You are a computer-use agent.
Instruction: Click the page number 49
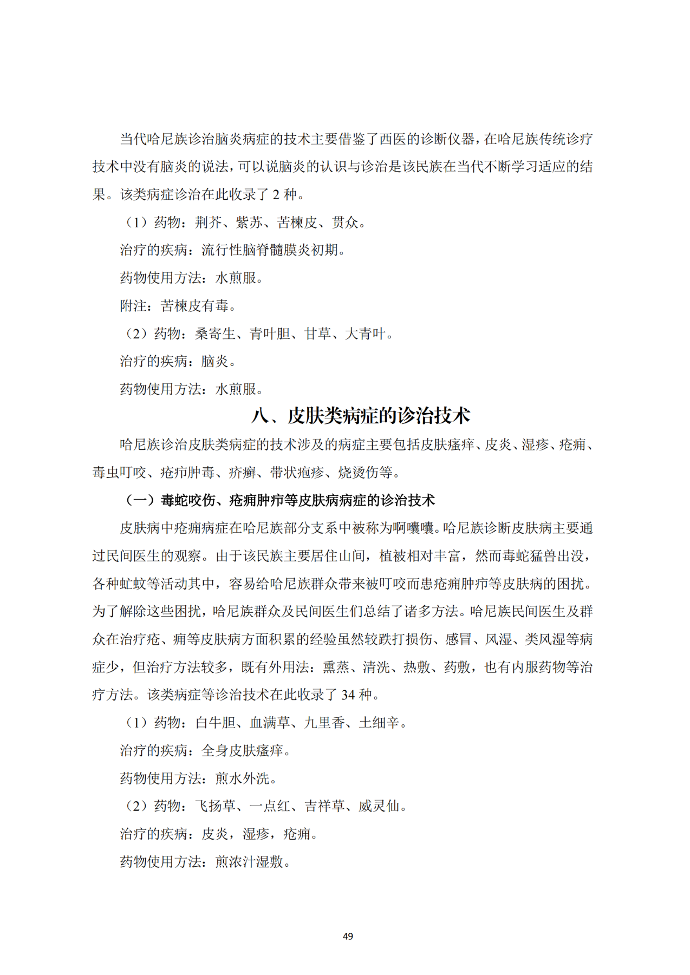[348, 936]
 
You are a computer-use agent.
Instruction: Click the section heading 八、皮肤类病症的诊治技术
[361, 416]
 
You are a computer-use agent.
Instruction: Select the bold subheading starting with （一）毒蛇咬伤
[279, 500]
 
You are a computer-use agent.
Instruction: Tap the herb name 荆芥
[209, 223]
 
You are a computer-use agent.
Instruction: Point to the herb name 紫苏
[250, 223]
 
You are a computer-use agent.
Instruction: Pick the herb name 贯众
[345, 223]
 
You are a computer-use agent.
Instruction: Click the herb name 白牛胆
[215, 723]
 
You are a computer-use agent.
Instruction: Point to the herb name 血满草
[270, 723]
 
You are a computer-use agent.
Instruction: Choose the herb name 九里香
[324, 723]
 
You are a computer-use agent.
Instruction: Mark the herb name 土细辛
[379, 723]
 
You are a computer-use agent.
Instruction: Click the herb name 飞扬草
[215, 806]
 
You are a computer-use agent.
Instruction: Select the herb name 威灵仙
[379, 806]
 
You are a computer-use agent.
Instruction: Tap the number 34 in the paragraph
[348, 695]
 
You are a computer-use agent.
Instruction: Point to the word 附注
[133, 306]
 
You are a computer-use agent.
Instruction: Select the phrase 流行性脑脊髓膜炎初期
[270, 250]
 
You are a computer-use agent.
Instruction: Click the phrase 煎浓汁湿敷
[249, 861]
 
